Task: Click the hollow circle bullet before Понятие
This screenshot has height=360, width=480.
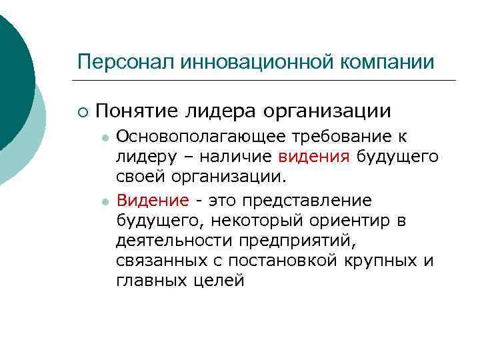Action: point(81,110)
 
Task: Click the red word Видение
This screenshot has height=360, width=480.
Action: point(153,200)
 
